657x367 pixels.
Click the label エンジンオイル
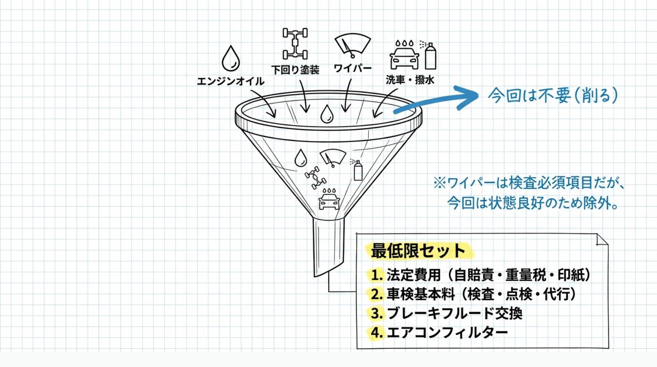coord(231,81)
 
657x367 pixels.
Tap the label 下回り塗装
coord(295,70)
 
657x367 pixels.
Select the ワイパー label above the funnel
coord(353,68)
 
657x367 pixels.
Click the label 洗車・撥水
coord(410,80)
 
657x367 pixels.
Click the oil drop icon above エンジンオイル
coord(230,58)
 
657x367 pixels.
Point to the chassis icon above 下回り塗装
coord(295,43)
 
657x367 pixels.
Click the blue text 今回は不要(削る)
coord(553,95)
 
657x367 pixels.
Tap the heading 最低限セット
coord(418,251)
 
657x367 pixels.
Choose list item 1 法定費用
coord(480,275)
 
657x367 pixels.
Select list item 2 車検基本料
coord(473,294)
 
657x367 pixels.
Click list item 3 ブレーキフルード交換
coord(446,313)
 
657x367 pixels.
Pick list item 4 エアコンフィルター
coord(439,332)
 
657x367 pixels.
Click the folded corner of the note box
coord(602,240)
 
